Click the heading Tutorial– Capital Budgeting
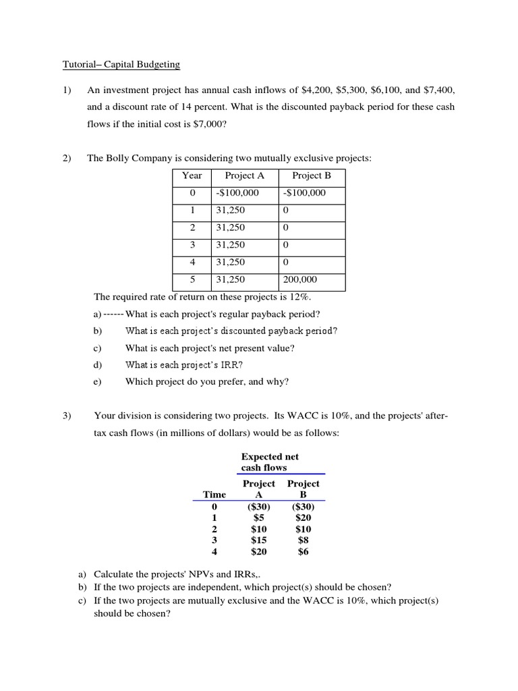point(121,65)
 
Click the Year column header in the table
point(192,175)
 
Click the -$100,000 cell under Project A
point(237,193)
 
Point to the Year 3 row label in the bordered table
point(192,245)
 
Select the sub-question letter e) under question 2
point(98,382)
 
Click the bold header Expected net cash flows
point(270,462)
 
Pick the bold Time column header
point(214,495)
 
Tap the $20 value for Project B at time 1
point(303,518)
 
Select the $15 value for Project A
point(258,541)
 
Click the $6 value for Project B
point(303,552)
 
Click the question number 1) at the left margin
point(67,90)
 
